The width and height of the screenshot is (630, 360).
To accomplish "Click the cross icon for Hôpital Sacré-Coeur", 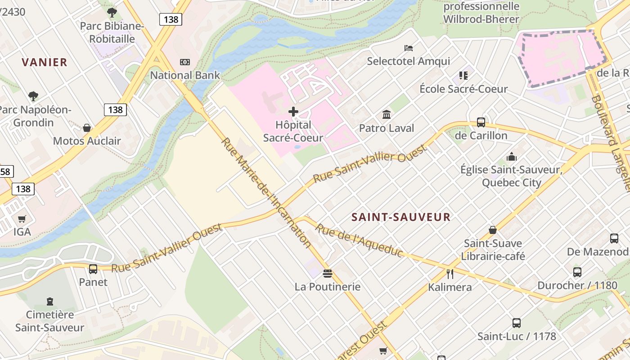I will click(293, 111).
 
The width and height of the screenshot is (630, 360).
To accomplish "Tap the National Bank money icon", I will click(184, 62).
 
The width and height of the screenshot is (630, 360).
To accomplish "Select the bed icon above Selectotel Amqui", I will click(409, 48).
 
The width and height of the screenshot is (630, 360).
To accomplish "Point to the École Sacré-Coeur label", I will click(463, 89).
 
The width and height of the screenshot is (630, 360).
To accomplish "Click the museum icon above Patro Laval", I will click(387, 115).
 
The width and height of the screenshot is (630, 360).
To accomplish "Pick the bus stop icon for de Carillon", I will click(481, 122).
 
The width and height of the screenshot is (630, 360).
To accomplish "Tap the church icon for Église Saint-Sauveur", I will click(511, 157).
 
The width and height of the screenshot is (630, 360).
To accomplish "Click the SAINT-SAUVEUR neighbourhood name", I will click(401, 217).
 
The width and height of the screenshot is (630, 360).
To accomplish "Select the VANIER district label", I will click(45, 62).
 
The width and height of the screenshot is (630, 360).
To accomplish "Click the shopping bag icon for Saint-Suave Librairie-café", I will click(493, 230).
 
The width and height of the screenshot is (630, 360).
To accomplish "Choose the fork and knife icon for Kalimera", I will click(450, 274).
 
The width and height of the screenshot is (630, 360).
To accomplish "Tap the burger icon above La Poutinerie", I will click(328, 273).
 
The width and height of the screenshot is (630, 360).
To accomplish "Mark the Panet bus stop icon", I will click(93, 269).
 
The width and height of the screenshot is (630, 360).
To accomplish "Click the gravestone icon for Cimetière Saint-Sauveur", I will click(50, 301).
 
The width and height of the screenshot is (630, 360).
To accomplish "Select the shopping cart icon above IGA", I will click(22, 219).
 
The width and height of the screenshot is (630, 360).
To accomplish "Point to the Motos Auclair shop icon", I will click(87, 128).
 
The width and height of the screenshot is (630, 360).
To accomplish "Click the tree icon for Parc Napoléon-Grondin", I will click(33, 96).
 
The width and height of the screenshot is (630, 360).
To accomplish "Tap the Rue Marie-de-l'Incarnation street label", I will click(266, 193).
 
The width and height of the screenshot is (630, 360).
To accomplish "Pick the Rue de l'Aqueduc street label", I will click(359, 240).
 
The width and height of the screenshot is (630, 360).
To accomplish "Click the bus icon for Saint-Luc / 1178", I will click(517, 323).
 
